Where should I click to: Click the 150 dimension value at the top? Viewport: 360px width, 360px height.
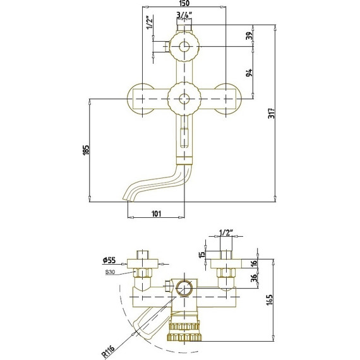pos(184,3)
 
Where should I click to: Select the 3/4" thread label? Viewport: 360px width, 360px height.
pos(184,15)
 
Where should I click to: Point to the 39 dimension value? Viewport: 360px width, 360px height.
pos(249,35)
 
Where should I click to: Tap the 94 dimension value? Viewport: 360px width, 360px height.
pos(249,73)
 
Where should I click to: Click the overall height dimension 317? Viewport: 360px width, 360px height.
pos(272,113)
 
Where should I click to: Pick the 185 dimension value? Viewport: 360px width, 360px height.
pos(86,150)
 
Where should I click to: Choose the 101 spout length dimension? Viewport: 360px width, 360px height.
pos(157,213)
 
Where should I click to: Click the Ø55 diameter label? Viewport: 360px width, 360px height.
pos(109,260)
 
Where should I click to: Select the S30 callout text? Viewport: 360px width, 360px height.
pos(110,272)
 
